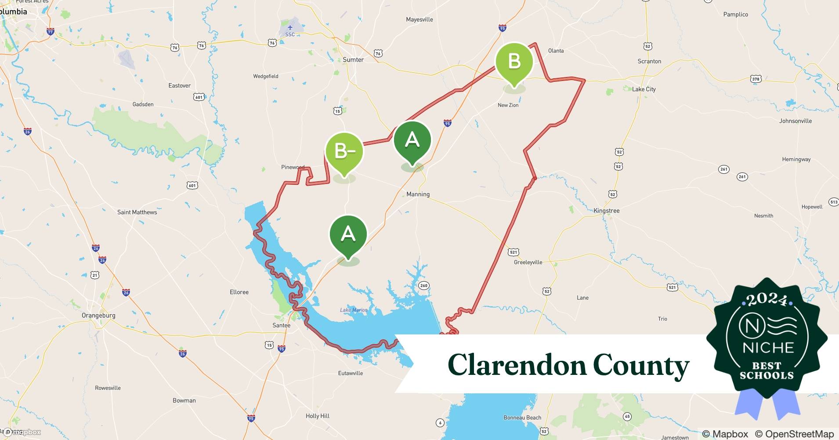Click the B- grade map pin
click(344, 151)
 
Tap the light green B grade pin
click(514, 62)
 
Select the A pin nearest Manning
click(412, 140)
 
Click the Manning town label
click(418, 194)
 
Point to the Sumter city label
click(353, 60)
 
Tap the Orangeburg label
click(98, 315)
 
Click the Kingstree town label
click(606, 211)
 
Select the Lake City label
click(644, 89)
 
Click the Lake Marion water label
click(354, 310)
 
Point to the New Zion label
click(508, 105)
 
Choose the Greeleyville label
click(528, 262)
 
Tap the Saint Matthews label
click(137, 212)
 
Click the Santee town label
click(281, 325)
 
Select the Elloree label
click(239, 292)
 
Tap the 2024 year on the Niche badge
click(767, 301)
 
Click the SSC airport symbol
click(290, 28)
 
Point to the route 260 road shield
click(423, 286)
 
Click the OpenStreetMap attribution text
click(794, 434)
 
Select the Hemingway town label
click(796, 159)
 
